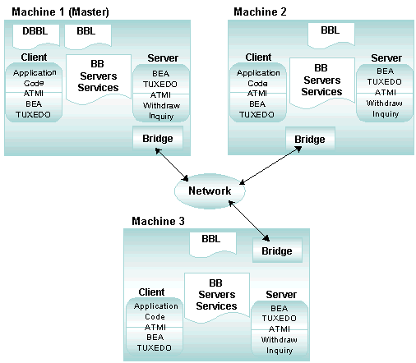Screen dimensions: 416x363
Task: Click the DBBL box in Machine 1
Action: point(36,36)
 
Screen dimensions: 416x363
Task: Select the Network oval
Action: point(210,191)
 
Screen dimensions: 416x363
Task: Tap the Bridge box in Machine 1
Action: point(158,138)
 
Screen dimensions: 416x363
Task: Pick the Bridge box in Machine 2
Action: point(310,139)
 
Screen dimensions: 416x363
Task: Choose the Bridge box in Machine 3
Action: point(277,250)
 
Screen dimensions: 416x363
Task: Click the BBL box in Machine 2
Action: point(331,34)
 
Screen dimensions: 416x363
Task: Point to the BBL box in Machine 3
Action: point(213,244)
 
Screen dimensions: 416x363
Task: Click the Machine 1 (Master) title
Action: point(60,11)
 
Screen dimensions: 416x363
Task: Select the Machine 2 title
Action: point(260,11)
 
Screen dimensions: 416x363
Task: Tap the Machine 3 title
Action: point(158,221)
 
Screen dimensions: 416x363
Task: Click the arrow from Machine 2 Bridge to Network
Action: point(270,165)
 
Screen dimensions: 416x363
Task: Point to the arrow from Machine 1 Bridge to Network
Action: point(172,164)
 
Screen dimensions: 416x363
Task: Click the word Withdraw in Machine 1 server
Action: point(161,106)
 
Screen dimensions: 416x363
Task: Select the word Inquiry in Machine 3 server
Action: point(280,351)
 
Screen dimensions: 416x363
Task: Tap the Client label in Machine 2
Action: point(258,57)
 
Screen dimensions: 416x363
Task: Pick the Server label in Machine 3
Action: point(281,295)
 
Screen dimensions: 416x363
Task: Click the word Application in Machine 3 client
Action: point(156,306)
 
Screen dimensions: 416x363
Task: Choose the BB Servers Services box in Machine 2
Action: point(322,83)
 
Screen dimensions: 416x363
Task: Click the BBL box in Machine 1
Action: point(88,36)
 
